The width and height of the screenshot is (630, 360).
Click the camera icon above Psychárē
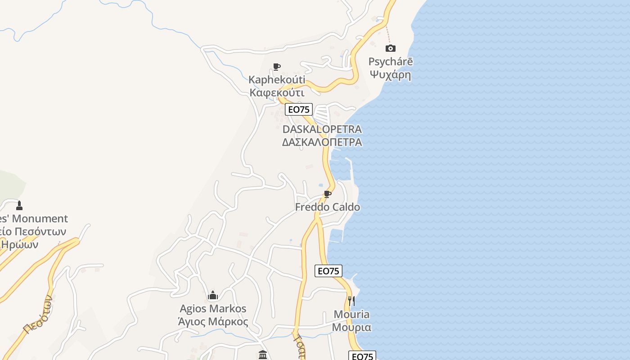pos(391,48)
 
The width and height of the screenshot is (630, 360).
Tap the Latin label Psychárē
pos(391,62)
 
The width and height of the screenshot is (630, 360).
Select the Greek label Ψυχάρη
pos(391,74)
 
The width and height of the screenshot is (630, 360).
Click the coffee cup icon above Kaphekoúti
pos(277,67)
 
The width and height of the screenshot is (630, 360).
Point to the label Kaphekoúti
pos(277,80)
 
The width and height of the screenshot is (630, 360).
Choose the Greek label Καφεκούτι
pos(277,93)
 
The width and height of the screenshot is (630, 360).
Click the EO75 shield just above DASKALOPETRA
pos(299,109)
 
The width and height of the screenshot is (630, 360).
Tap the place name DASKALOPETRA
pos(322,130)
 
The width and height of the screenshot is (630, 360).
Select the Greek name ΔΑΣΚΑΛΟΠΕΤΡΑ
pos(322,142)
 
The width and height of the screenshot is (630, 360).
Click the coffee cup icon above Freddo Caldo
pos(328,194)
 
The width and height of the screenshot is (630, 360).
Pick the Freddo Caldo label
pos(328,207)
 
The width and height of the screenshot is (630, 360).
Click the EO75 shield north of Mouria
pos(328,271)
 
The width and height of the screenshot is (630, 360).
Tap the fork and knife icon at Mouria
pos(351,301)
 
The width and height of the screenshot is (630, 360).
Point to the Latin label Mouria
pos(351,314)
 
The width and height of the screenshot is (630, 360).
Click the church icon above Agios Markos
pos(213,295)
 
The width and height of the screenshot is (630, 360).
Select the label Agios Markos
pos(213,309)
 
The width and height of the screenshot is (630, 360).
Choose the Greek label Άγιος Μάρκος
pos(213,322)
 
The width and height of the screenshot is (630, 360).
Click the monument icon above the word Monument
pos(19,206)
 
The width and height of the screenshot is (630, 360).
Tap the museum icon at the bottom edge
pos(263,355)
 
